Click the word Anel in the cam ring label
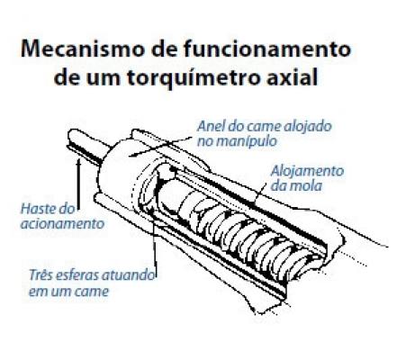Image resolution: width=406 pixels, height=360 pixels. click(x=212, y=126)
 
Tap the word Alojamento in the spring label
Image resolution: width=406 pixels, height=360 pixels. click(x=307, y=172)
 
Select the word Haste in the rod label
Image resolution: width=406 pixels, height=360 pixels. click(x=40, y=209)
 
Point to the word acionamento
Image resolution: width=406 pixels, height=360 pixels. click(x=62, y=224)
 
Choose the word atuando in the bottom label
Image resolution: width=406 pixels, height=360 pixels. click(x=129, y=275)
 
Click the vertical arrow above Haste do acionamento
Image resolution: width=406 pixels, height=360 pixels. click(x=78, y=184)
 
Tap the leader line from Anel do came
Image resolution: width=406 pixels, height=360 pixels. click(x=160, y=147)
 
